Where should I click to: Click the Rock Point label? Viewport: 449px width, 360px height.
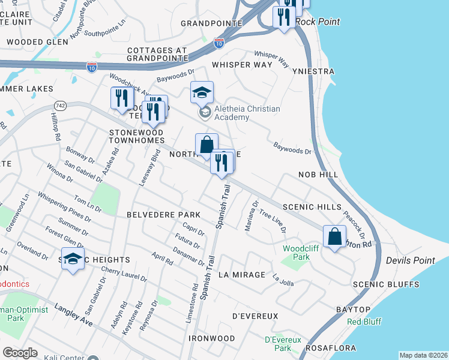[x=319, y=22]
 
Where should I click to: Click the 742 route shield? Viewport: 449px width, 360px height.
[x=60, y=105]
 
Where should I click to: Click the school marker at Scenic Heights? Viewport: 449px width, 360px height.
[x=73, y=259]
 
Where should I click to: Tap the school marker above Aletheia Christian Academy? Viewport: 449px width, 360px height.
[x=202, y=92]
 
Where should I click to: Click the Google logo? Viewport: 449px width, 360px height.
[x=20, y=352]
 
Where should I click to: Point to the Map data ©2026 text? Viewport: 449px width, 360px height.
[x=423, y=355]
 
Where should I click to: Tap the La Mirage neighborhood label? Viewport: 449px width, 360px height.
[x=242, y=274]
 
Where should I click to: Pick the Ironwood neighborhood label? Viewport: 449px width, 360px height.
[x=211, y=338]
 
